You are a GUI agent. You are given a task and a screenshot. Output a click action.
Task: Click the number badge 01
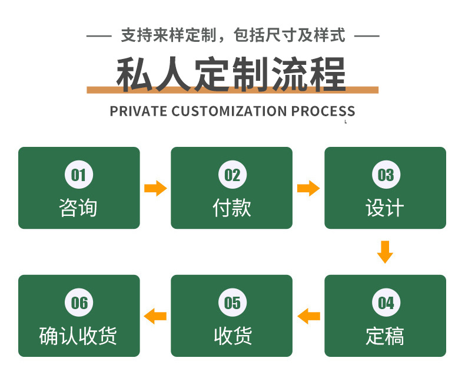point(79,175)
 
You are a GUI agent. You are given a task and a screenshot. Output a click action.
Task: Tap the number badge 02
point(232,175)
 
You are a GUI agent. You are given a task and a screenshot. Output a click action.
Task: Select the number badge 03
point(386,175)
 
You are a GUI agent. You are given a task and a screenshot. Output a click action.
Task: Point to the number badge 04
point(386,303)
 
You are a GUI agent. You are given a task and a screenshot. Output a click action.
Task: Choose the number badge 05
point(232,303)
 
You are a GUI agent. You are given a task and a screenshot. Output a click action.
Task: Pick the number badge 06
point(79,303)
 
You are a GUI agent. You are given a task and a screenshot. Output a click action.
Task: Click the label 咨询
point(78,208)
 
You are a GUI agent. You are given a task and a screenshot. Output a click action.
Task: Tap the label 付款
point(232,208)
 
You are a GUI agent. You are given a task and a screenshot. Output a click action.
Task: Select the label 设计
point(385,208)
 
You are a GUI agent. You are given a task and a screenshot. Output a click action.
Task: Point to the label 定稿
point(385,336)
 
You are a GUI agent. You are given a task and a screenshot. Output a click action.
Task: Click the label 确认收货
point(78,336)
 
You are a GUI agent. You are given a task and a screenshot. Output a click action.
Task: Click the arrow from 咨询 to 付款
point(155,189)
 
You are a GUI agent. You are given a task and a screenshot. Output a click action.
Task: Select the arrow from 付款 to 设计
point(308,189)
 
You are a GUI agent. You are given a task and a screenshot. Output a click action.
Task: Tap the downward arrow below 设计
point(385,251)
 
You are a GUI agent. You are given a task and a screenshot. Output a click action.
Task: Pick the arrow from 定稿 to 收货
point(308,316)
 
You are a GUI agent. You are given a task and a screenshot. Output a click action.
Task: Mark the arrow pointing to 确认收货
point(155,316)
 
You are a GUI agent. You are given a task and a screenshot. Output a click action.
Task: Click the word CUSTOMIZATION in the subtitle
point(230,111)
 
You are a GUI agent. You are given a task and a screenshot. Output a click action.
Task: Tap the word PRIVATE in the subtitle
point(138,111)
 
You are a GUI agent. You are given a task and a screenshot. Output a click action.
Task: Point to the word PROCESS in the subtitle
point(323,111)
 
